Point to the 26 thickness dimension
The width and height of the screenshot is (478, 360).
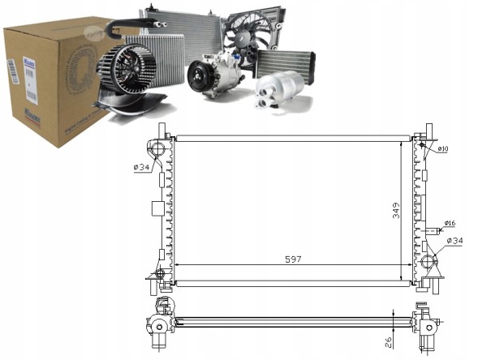click(390, 341)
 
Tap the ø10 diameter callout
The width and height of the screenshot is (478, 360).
click(443, 149)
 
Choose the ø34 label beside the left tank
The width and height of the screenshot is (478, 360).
click(141, 168)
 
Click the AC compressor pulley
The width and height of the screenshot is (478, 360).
click(200, 78)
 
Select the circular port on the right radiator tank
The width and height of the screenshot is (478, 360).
click(428, 263)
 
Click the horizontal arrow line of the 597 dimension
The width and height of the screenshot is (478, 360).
click(243, 267)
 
